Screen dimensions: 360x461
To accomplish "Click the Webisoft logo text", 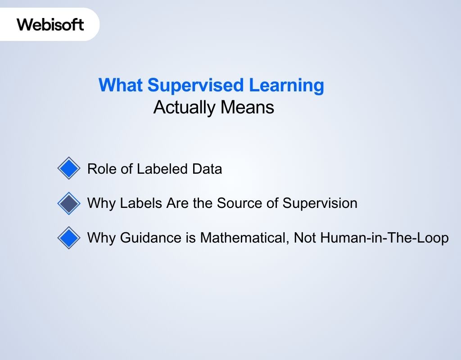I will [x=50, y=24].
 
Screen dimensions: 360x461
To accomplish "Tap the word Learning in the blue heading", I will [x=289, y=85].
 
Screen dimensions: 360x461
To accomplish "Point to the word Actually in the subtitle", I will [x=184, y=108].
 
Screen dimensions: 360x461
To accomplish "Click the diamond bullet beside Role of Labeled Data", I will [x=68, y=169].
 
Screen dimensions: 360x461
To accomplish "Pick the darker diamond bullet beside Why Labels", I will [x=68, y=203].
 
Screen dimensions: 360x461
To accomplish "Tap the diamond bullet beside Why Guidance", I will [x=68, y=238].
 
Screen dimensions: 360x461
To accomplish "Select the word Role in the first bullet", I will [x=100, y=169].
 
